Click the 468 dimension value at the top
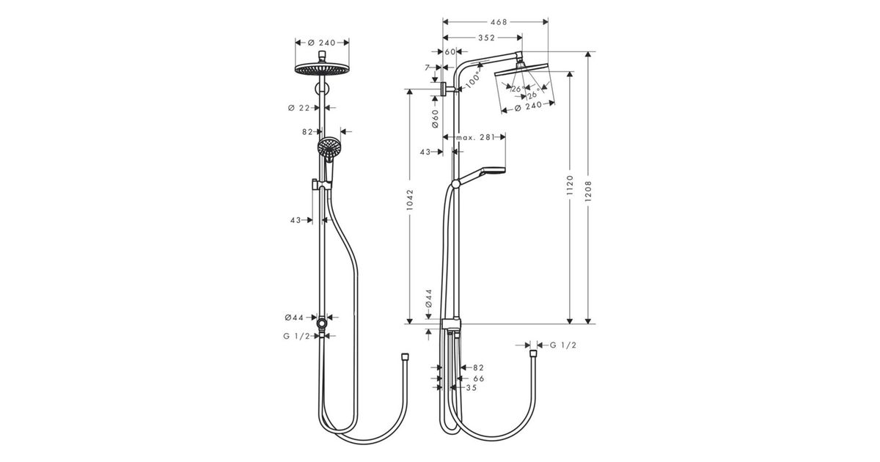pyautogui.click(x=499, y=22)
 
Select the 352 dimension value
pyautogui.click(x=486, y=37)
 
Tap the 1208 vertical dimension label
pyautogui.click(x=588, y=191)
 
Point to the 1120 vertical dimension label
pyautogui.click(x=571, y=186)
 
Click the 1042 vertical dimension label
pyautogui.click(x=410, y=199)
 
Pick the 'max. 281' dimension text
pyautogui.click(x=475, y=138)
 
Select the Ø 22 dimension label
pyautogui.click(x=299, y=108)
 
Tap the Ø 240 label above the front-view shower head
pyautogui.click(x=322, y=43)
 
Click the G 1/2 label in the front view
pyautogui.click(x=296, y=337)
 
